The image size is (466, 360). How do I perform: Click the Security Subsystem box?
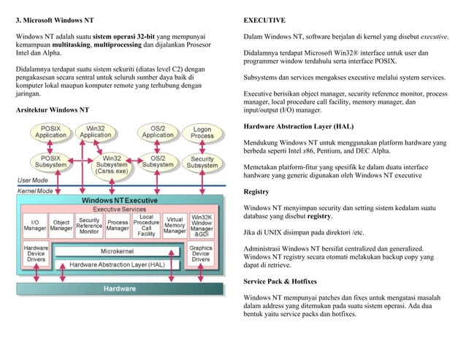(x=202, y=161)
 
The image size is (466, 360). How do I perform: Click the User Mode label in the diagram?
(x=33, y=180)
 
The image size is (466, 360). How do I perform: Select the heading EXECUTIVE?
(x=264, y=19)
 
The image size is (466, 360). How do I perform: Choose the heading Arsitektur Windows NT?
(x=53, y=109)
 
